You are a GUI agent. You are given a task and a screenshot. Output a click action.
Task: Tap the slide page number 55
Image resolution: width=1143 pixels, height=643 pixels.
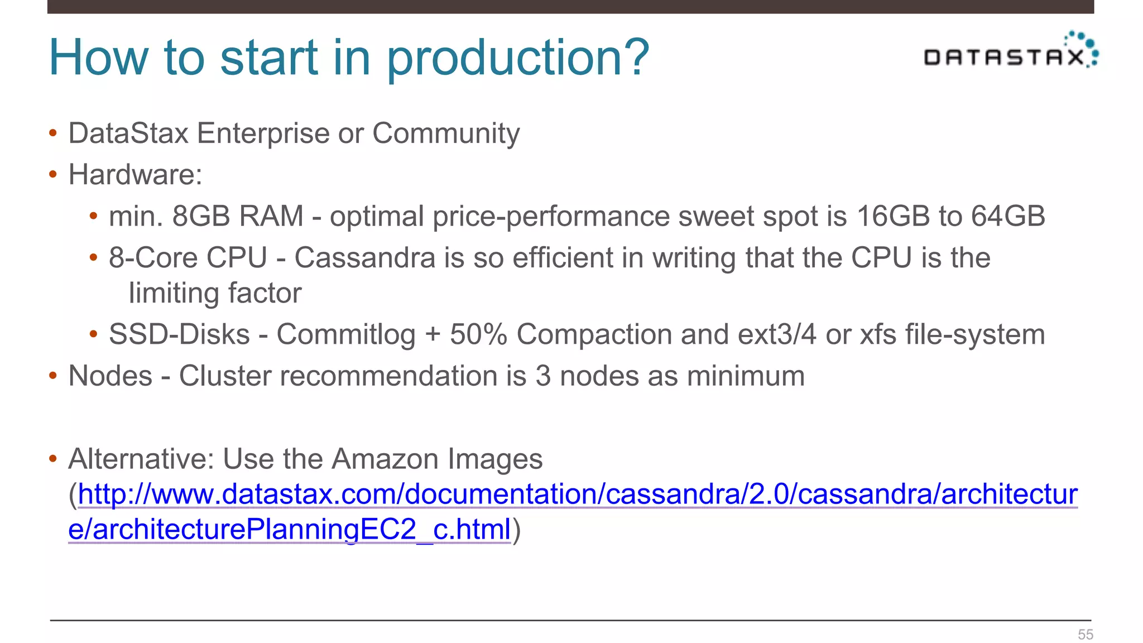point(1085,635)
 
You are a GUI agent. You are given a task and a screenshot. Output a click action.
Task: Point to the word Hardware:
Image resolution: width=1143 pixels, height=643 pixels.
point(135,175)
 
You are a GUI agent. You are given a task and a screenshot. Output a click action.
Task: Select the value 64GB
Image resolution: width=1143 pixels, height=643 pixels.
point(1007,216)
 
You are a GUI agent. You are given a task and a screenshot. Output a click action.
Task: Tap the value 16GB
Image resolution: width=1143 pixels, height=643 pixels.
point(892,216)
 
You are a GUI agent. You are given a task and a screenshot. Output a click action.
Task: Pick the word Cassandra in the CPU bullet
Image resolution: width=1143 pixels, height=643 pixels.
point(364,258)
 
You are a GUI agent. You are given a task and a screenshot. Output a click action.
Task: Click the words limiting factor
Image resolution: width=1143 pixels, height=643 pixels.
point(215,294)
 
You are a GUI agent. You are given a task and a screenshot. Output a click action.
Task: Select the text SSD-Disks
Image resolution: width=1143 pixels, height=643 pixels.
point(179,335)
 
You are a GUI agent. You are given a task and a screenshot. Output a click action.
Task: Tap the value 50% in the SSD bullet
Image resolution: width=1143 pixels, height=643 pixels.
point(478,335)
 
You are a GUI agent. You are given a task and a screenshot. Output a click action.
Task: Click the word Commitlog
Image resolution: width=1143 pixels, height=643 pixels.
point(346,335)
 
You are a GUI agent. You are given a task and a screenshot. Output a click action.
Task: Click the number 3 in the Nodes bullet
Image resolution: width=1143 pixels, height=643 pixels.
point(542,376)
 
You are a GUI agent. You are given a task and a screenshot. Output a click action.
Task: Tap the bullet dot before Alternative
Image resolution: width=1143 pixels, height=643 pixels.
point(53,459)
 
